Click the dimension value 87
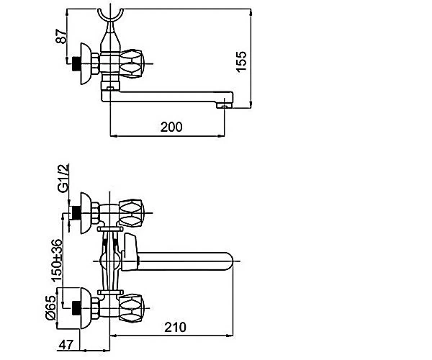[61, 36]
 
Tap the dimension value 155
[241, 62]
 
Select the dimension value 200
[171, 127]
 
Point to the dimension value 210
[175, 327]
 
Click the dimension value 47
[66, 345]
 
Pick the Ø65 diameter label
[50, 308]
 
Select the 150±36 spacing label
[57, 261]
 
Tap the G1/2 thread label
[63, 178]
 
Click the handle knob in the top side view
[132, 63]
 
